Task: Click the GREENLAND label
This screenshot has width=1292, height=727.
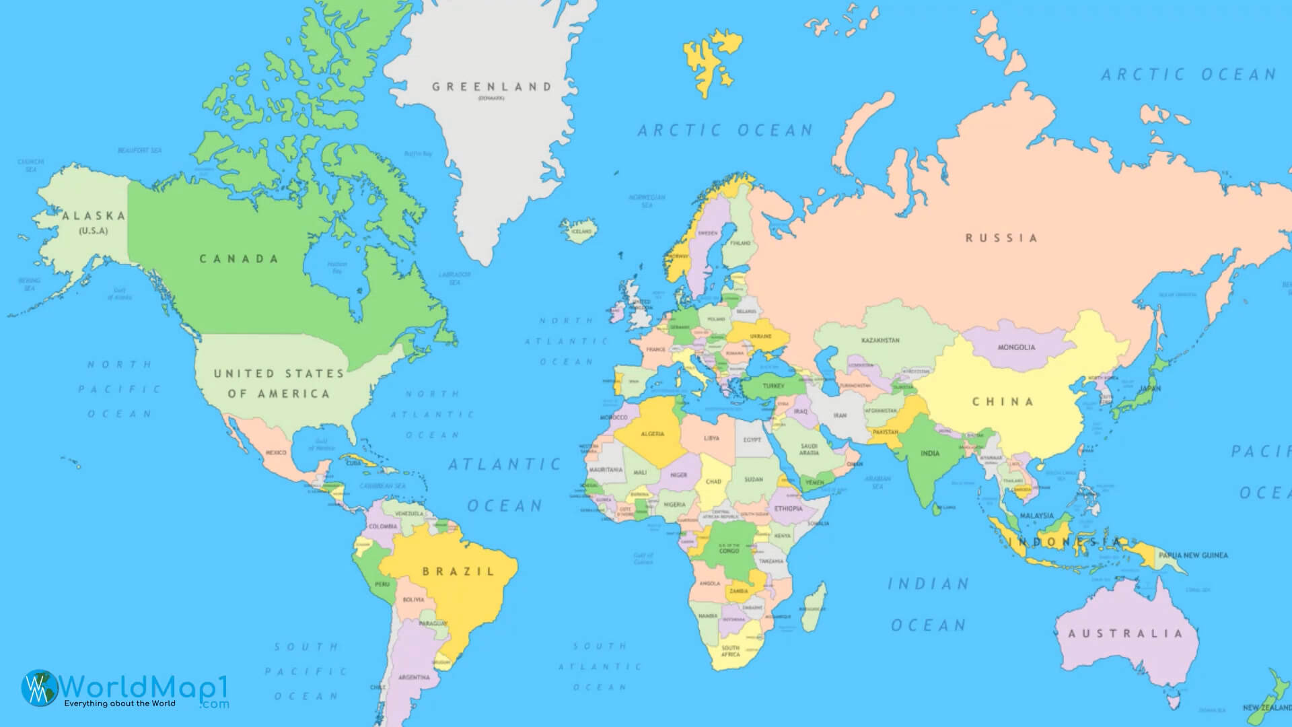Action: click(x=492, y=87)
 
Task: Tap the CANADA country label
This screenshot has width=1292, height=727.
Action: click(x=239, y=258)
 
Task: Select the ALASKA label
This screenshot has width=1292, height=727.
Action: click(x=94, y=216)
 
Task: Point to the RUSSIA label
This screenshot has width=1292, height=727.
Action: click(x=1001, y=238)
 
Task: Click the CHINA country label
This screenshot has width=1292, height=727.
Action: click(x=1003, y=402)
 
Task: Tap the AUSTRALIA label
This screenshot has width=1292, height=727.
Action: click(x=1125, y=633)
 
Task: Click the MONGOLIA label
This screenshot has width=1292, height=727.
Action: click(x=1016, y=347)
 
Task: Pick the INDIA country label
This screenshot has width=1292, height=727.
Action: click(x=930, y=453)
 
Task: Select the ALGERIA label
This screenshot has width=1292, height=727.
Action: click(x=652, y=434)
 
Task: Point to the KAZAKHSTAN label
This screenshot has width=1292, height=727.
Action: click(x=880, y=341)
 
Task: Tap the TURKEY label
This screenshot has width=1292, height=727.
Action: click(x=773, y=386)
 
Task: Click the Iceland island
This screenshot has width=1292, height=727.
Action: click(x=579, y=229)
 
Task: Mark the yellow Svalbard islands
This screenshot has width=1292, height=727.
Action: click(x=711, y=61)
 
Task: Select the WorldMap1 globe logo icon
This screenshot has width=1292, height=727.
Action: click(x=39, y=688)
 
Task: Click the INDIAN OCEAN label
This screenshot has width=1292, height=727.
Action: click(x=929, y=604)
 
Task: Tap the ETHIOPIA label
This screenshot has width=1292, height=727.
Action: click(x=788, y=509)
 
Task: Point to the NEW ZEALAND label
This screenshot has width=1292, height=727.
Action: click(x=1266, y=707)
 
